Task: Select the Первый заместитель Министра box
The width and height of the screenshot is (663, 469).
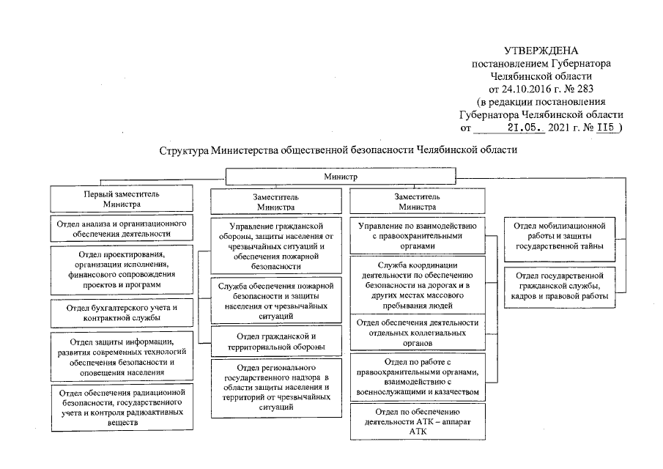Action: click(x=122, y=200)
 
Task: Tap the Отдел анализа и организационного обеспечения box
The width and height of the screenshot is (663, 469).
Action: click(x=122, y=228)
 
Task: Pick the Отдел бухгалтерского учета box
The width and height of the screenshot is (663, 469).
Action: click(x=122, y=311)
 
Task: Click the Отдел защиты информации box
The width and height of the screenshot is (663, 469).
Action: click(x=122, y=356)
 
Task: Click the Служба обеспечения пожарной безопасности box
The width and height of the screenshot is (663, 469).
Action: click(x=275, y=300)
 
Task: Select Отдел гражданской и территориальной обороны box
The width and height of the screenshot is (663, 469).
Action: click(x=275, y=341)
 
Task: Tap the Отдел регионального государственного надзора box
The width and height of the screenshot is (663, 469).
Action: click(x=275, y=386)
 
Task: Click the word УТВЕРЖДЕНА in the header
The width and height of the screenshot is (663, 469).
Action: click(x=541, y=51)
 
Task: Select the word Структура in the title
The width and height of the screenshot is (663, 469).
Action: click(x=184, y=150)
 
